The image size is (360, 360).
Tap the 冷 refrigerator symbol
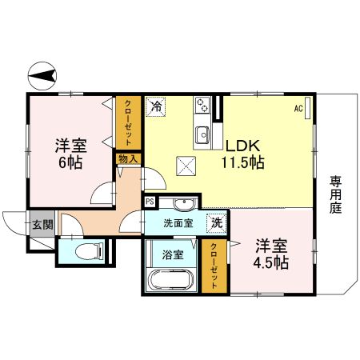pos(156,106)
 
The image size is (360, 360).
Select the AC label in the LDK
pos(298,108)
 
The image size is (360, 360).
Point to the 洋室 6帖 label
pos(70,154)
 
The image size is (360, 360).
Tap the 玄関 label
pos(42,225)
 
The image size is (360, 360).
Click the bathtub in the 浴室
pos(170,282)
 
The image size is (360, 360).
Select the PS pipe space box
pos(150,202)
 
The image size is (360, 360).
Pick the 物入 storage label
pos(128,159)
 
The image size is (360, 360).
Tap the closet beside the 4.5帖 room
pos(214,266)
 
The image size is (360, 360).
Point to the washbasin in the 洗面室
pos(185,202)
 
